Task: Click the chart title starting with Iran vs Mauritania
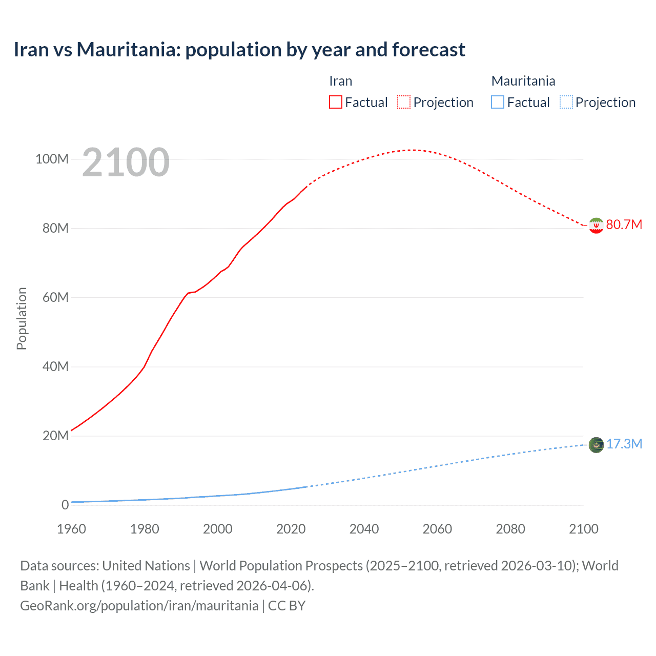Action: pos(239,50)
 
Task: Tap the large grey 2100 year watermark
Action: pos(126,162)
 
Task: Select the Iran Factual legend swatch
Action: pos(335,102)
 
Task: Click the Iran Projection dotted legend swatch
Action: pos(404,102)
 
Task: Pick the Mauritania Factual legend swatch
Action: pos(498,102)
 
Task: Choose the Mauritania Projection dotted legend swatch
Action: pos(566,102)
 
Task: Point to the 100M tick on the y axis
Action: pos(52,159)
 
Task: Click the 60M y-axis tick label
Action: pos(55,297)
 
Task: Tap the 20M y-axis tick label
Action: pos(55,436)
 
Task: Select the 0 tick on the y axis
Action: pos(65,505)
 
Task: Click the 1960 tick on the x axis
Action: pos(71,529)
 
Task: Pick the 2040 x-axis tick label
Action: pos(364,529)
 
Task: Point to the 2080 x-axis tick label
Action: pos(510,529)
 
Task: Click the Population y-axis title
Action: pos(22,318)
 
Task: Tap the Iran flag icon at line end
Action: pos(596,225)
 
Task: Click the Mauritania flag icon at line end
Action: pos(596,445)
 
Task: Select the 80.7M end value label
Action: pos(624,225)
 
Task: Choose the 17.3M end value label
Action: pos(624,444)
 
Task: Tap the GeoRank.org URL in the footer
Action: pos(139,606)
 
